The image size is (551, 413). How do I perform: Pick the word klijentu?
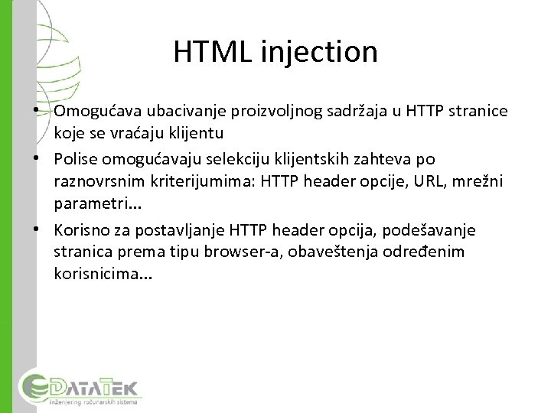tap(173, 133)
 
